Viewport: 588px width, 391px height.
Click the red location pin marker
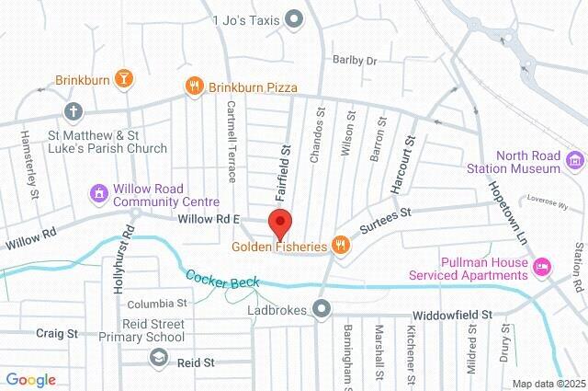tap(280, 222)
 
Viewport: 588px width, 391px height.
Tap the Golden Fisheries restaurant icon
tap(340, 245)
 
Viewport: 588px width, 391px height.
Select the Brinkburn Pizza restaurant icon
tap(193, 86)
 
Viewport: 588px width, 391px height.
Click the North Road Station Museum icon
tap(575, 161)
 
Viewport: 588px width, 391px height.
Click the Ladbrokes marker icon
tap(322, 310)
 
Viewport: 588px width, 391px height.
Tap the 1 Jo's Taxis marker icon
tap(294, 17)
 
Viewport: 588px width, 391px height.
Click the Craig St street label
tap(57, 333)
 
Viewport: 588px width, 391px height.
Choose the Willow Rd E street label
tap(209, 219)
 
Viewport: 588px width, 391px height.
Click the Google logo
tap(30, 380)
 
